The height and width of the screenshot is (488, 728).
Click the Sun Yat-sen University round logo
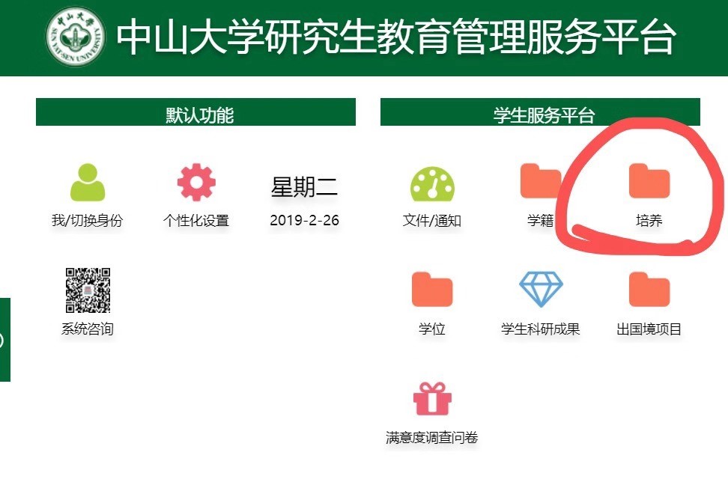pyautogui.click(x=76, y=36)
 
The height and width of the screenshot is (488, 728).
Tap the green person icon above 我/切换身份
pyautogui.click(x=88, y=182)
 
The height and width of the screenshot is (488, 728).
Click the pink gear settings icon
pyautogui.click(x=196, y=182)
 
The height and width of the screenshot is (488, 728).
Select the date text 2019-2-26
pyautogui.click(x=305, y=220)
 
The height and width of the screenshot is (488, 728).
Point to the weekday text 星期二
pyautogui.click(x=305, y=186)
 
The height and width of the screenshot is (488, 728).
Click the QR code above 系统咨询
pyautogui.click(x=88, y=290)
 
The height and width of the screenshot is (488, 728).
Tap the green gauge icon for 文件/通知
pyautogui.click(x=432, y=183)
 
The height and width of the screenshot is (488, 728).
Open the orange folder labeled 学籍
pyautogui.click(x=541, y=180)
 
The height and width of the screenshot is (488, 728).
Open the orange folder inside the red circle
pyautogui.click(x=649, y=180)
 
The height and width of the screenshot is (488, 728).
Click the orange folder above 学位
pyautogui.click(x=432, y=290)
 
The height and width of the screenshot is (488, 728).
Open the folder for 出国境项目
pyautogui.click(x=649, y=290)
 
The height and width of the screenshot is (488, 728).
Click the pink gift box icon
pyautogui.click(x=432, y=398)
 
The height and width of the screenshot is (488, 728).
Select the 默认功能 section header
pyautogui.click(x=196, y=112)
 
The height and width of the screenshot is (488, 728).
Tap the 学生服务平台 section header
pyautogui.click(x=540, y=112)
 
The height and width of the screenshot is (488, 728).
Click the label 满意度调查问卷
pyautogui.click(x=432, y=437)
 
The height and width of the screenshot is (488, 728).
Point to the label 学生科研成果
pyautogui.click(x=541, y=329)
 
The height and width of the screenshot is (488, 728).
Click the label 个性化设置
pyautogui.click(x=196, y=220)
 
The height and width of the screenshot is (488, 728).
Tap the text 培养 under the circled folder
pyautogui.click(x=649, y=220)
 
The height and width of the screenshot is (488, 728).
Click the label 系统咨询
pyautogui.click(x=88, y=329)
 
